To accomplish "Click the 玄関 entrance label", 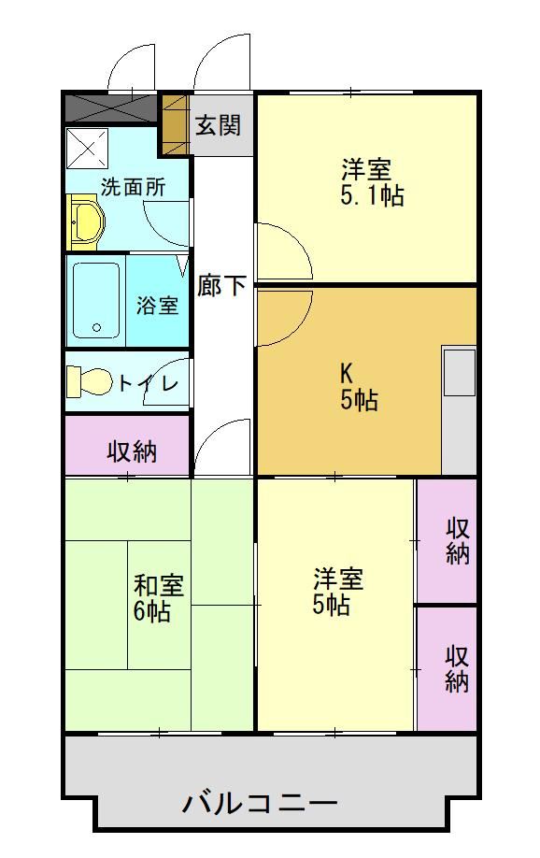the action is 219,125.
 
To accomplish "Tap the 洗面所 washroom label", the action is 133,188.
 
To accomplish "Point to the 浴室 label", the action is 158,305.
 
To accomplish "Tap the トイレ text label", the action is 148,383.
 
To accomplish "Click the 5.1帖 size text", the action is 372,195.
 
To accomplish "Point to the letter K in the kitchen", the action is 346,374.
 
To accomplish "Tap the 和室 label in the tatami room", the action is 159,585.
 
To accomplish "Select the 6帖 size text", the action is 152,610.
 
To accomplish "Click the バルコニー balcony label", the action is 260,804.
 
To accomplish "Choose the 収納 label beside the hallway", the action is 132,452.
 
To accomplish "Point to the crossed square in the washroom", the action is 88,147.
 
